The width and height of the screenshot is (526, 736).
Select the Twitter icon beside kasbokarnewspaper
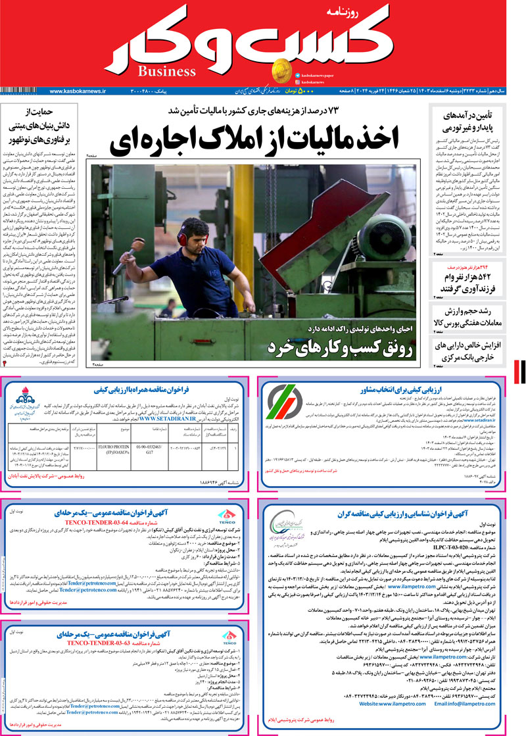click(x=298, y=76)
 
